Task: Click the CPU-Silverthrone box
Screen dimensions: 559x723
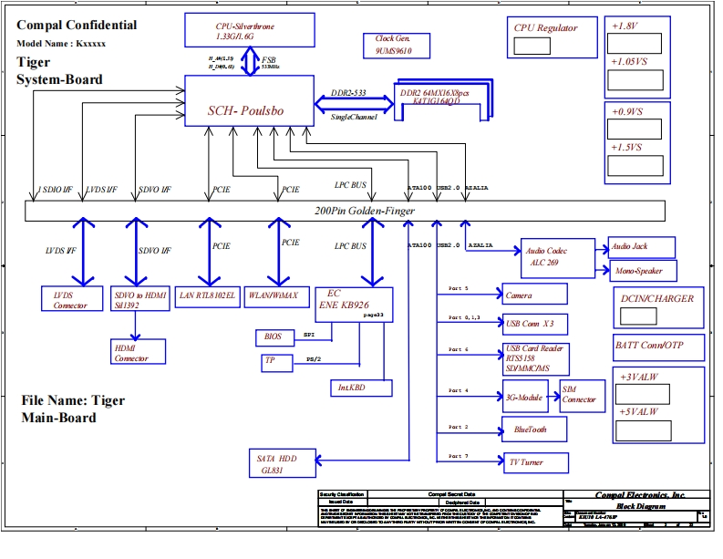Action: [x=245, y=31]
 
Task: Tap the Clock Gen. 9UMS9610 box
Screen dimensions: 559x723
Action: [x=394, y=46]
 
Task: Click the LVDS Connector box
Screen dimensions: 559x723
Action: [x=70, y=299]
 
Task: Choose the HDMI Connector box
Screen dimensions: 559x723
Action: [x=137, y=352]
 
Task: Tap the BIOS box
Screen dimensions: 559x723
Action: [x=274, y=336]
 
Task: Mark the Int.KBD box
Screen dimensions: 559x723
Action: [x=361, y=388]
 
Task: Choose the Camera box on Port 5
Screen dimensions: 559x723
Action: [x=534, y=295]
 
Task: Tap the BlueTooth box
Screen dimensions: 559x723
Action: [x=535, y=429]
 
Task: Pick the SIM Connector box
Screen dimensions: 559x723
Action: [x=581, y=394]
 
